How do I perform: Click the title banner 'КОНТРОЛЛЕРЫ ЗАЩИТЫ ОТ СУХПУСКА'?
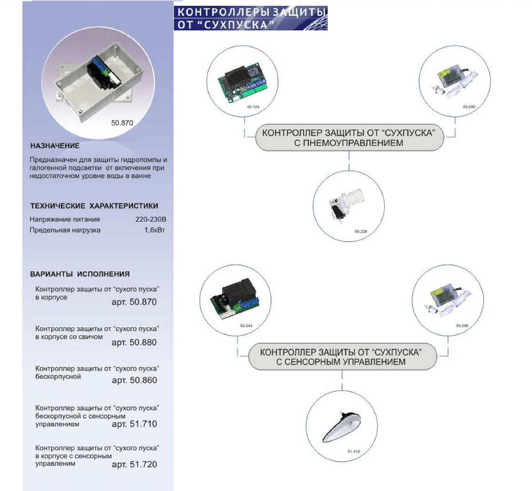point(250,18)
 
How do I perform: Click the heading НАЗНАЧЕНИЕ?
point(55,146)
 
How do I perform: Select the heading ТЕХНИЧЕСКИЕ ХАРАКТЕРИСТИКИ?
point(94,206)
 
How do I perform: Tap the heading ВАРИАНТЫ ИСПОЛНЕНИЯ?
point(80,274)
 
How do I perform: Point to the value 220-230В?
point(151,219)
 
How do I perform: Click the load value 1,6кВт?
point(155,230)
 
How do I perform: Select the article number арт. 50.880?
point(134,342)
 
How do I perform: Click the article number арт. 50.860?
point(134,380)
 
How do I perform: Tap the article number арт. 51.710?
point(134,424)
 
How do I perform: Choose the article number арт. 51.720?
point(134,464)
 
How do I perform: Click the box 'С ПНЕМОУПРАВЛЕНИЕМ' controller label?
point(349,137)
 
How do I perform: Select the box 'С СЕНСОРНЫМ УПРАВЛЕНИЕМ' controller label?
point(342,357)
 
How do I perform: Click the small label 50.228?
point(360,231)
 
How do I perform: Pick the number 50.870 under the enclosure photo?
point(122,123)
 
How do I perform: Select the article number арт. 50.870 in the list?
point(134,302)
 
